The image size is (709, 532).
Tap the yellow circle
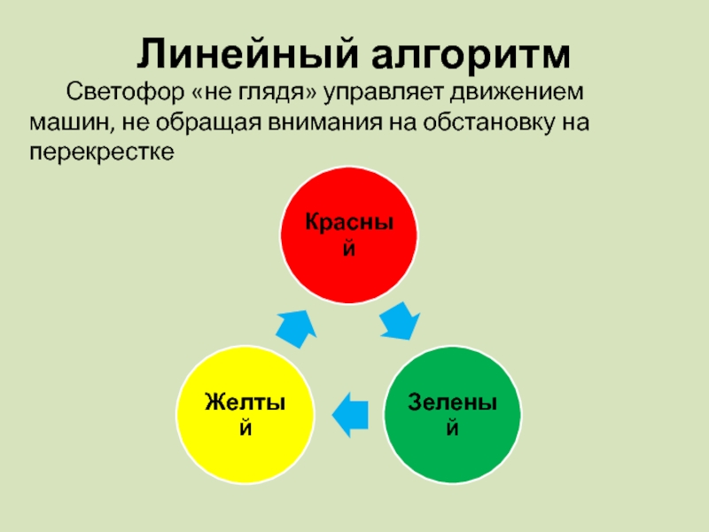tap(246, 413)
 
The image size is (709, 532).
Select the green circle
tap(452, 412)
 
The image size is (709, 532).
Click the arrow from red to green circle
tap(400, 321)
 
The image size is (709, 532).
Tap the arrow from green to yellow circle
tap(349, 412)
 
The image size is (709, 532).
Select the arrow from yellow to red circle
tap(296, 327)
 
